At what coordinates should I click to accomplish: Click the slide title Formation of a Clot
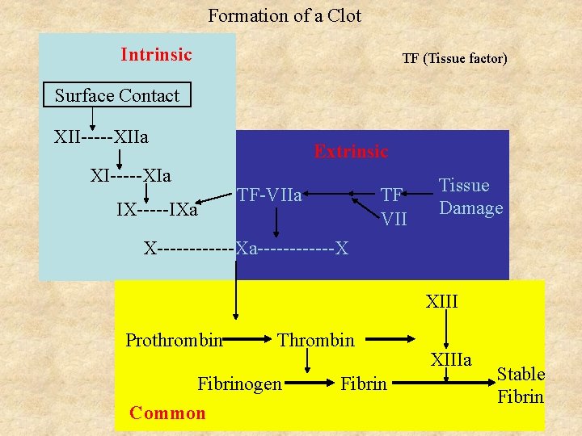pyautogui.click(x=285, y=15)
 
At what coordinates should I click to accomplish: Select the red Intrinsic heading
pyautogui.click(x=156, y=55)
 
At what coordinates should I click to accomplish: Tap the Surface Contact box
pyautogui.click(x=117, y=95)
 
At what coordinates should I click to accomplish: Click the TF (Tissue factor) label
pyautogui.click(x=454, y=58)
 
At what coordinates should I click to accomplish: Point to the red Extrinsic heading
pyautogui.click(x=351, y=151)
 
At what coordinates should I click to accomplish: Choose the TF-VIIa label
pyautogui.click(x=269, y=195)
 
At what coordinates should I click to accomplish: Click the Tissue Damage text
pyautogui.click(x=470, y=197)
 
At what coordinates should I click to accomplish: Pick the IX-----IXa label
pyautogui.click(x=157, y=210)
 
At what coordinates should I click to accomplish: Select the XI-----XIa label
pyautogui.click(x=130, y=174)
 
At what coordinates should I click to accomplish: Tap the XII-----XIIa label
pyautogui.click(x=101, y=136)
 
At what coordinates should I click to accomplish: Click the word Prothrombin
pyautogui.click(x=174, y=340)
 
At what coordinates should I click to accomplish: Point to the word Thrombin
pyautogui.click(x=316, y=340)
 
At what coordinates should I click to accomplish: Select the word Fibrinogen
pyautogui.click(x=239, y=384)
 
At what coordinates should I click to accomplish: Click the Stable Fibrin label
pyautogui.click(x=521, y=385)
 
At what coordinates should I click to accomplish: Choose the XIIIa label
pyautogui.click(x=451, y=359)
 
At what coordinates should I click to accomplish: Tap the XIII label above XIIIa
pyautogui.click(x=442, y=302)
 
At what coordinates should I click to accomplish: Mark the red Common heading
pyautogui.click(x=167, y=413)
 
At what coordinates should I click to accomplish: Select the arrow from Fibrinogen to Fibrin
pyautogui.click(x=310, y=384)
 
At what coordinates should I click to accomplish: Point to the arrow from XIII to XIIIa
pyautogui.click(x=443, y=330)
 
